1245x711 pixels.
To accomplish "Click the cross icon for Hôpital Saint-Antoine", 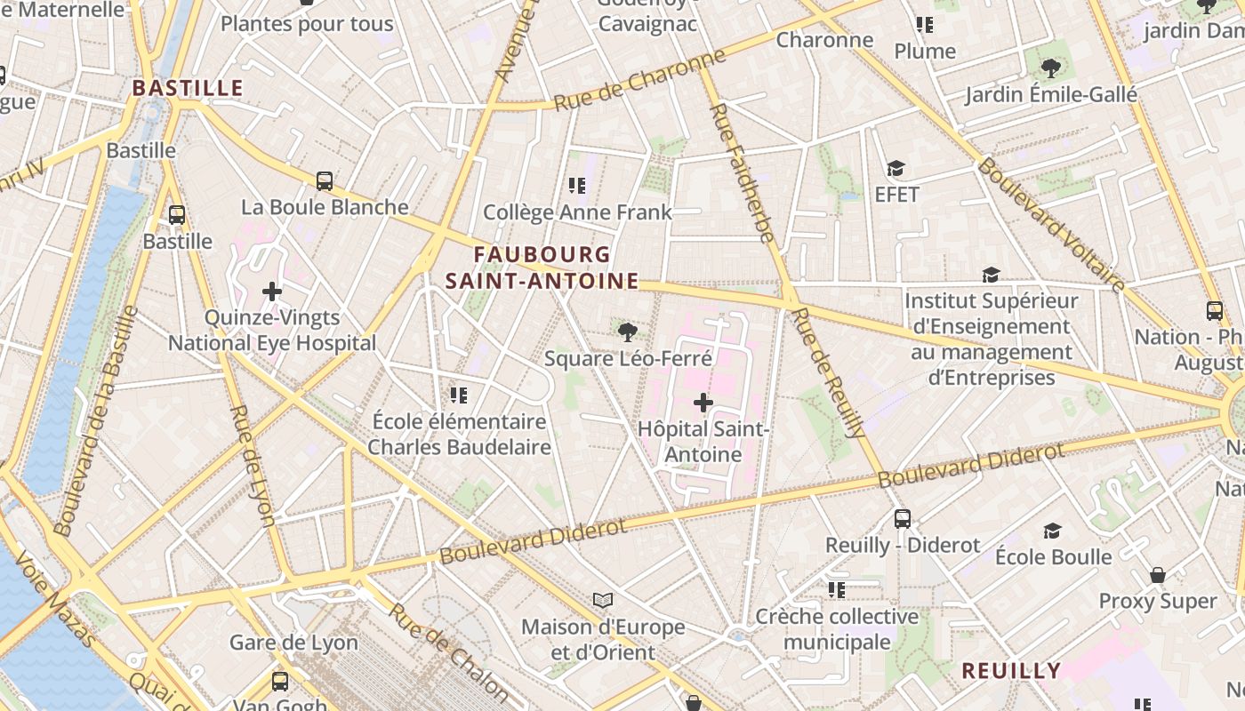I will (703, 403).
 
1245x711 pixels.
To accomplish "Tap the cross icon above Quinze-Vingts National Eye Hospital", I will (272, 292).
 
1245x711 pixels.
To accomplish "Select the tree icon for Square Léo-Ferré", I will (628, 332).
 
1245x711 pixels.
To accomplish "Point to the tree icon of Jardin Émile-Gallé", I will (1051, 68).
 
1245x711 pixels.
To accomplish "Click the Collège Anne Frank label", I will (577, 212).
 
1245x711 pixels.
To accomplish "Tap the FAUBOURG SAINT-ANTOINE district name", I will (542, 268).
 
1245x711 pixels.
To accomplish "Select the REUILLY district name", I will (1011, 670).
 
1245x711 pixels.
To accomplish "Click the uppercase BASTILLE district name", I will (187, 87).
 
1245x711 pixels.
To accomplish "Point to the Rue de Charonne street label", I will (639, 81).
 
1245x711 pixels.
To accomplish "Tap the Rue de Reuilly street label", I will (828, 373).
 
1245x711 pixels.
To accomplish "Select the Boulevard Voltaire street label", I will (1052, 224).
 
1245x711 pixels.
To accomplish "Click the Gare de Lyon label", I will (293, 643).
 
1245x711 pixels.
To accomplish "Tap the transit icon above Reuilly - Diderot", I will (903, 519).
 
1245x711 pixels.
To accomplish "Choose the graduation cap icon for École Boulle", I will (1052, 531).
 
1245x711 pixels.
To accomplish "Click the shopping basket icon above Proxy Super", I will (1157, 575).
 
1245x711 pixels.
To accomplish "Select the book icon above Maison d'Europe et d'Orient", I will (603, 601).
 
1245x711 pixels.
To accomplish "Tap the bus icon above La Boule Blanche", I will (325, 181).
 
